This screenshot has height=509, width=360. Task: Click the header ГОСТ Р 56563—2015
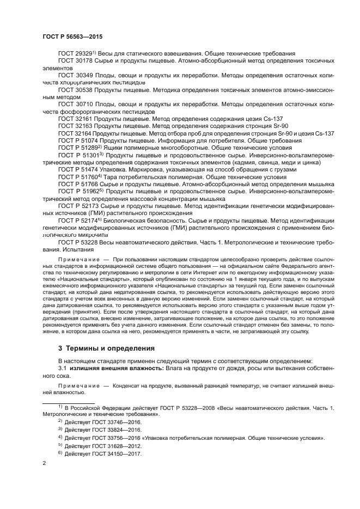tap(72, 36)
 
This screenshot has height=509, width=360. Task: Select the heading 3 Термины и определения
tap(106, 347)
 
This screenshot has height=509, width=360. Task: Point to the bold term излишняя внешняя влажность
tap(115, 369)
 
